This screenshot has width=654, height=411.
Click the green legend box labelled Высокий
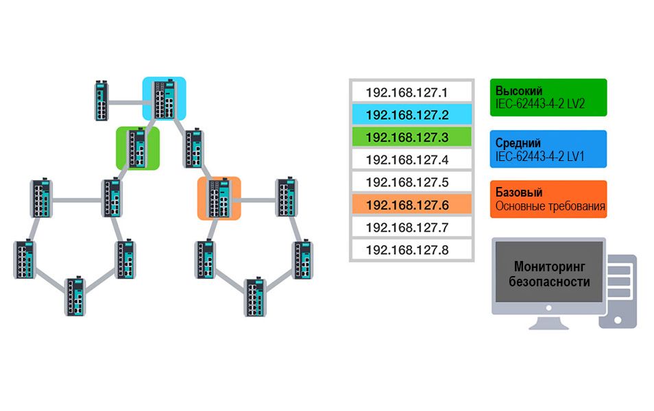(548, 97)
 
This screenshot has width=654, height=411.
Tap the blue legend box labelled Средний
(548, 149)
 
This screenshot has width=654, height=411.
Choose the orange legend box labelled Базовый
(548, 199)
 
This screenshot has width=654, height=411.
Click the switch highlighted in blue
(165, 98)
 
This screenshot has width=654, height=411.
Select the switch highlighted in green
(138, 148)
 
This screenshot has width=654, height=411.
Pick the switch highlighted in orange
(219, 198)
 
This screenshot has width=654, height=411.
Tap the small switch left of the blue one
(102, 101)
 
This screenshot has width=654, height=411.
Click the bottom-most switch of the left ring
(76, 296)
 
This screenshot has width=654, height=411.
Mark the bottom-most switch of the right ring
(255, 296)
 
